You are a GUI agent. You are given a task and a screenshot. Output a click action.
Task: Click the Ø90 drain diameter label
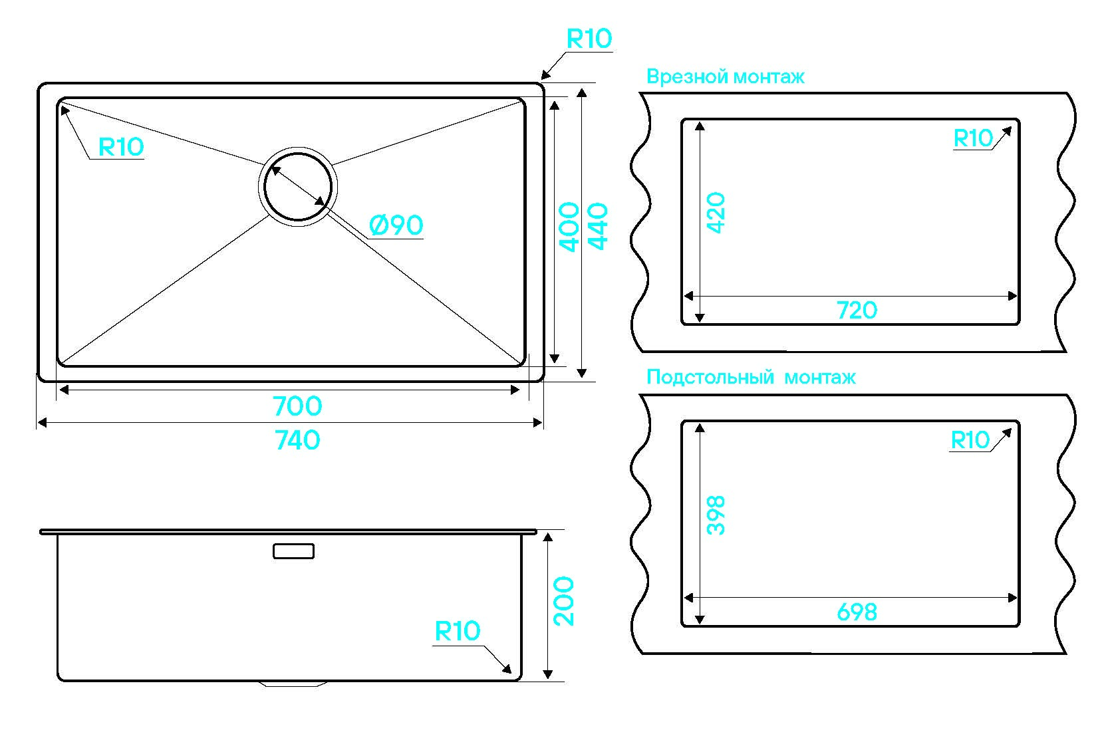[396, 225]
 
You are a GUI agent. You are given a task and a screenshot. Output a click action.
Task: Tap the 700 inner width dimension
[297, 406]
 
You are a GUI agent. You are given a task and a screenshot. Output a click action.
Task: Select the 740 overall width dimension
[297, 439]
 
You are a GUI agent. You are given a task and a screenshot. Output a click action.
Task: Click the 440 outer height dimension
[598, 227]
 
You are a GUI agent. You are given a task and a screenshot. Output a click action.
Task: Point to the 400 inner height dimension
[570, 227]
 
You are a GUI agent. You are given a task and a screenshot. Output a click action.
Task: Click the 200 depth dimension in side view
[564, 601]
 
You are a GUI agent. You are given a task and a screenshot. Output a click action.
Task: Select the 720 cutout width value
[857, 310]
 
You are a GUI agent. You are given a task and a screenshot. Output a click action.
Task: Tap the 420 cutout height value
[716, 213]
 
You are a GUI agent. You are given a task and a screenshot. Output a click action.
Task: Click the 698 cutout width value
[857, 612]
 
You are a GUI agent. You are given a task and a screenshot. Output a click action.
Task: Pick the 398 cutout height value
[716, 515]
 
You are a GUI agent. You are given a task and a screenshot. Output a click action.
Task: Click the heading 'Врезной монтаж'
[725, 77]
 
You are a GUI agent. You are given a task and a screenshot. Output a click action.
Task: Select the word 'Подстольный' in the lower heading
[710, 378]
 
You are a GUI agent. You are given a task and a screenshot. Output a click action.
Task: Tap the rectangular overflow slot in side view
[293, 551]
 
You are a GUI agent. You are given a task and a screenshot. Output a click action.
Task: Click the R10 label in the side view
[457, 631]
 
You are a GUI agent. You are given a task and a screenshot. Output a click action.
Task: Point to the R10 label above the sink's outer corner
[589, 39]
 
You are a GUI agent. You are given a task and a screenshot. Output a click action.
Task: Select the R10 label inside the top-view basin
[121, 147]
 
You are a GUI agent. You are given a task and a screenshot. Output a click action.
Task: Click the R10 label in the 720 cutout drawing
[972, 138]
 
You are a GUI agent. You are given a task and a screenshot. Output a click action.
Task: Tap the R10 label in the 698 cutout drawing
[970, 440]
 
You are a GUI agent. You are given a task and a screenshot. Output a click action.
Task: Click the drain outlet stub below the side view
[293, 684]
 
